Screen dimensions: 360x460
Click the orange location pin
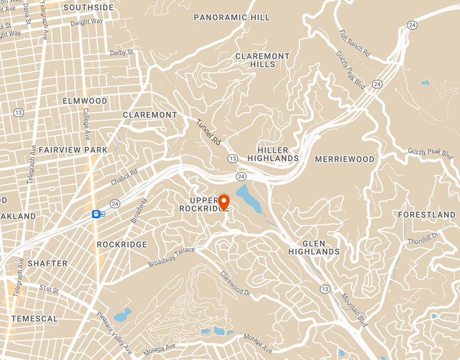tap(224, 201)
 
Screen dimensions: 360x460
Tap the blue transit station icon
tap(96, 214)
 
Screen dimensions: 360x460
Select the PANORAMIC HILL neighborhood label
tap(232, 17)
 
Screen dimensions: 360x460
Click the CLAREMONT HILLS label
tap(263, 60)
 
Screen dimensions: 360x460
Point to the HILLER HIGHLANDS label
tap(273, 153)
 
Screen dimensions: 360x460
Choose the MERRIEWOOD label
tap(344, 159)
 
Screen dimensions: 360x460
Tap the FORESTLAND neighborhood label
tap(427, 215)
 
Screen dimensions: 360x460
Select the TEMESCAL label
tap(34, 318)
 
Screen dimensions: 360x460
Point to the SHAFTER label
tap(48, 263)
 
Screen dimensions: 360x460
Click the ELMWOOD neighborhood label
tap(85, 101)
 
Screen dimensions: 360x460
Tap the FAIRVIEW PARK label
tap(73, 150)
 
